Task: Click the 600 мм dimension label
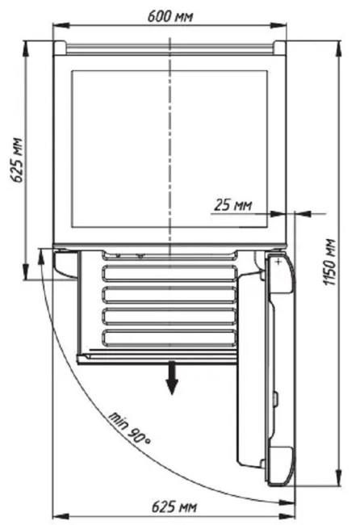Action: point(170,16)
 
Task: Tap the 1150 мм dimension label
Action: point(329,262)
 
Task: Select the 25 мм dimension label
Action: point(233,205)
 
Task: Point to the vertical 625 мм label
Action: point(16,160)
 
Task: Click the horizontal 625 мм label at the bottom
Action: point(174,506)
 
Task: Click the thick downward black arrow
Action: point(172,378)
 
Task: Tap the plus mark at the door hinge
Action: point(278,262)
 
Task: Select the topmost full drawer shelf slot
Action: point(170,273)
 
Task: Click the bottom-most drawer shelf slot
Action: point(170,338)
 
